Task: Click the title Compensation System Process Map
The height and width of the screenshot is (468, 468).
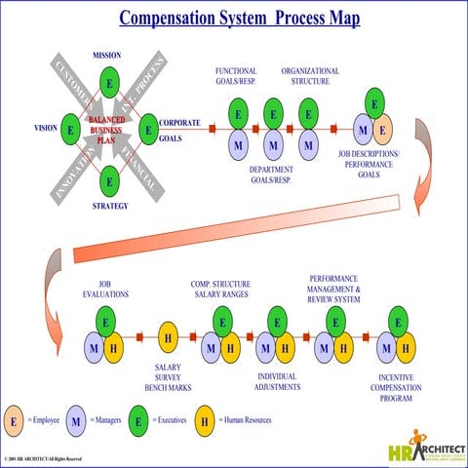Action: tap(239, 19)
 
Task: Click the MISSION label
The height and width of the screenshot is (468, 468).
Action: tap(106, 55)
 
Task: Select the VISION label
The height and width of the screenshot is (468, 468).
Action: tap(46, 128)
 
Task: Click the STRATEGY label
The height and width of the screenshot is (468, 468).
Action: tap(110, 206)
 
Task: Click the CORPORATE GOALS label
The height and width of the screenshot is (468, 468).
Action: tap(179, 131)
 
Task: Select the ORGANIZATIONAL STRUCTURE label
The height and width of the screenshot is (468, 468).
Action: tap(310, 77)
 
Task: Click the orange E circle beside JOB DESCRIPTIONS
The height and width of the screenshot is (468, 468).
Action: tap(382, 128)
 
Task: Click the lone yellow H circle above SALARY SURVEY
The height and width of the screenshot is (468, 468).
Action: tap(168, 336)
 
